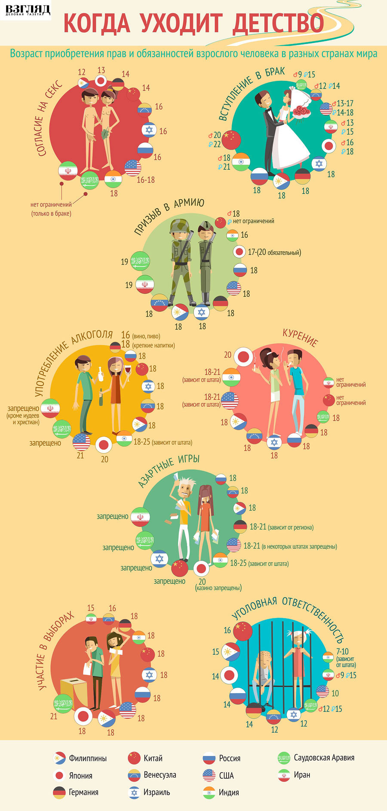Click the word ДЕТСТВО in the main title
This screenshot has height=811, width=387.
coord(278,23)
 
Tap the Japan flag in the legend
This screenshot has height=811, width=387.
coord(59,775)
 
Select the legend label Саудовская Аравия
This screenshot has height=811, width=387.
coord(324,758)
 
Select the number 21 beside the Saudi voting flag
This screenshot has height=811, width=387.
coord(54,716)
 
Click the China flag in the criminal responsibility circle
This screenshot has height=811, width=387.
coord(243,631)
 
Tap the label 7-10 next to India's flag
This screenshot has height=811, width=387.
coord(343,652)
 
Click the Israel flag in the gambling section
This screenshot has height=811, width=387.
coord(160,559)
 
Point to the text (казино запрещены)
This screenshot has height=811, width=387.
coord(218,588)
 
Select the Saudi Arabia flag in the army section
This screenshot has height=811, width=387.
coord(140,261)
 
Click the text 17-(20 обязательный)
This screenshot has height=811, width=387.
coord(274,252)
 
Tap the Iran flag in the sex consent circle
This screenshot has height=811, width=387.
coord(68,170)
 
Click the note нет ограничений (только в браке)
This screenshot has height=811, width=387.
coord(51,209)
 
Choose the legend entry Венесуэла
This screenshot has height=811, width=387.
coord(160,775)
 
